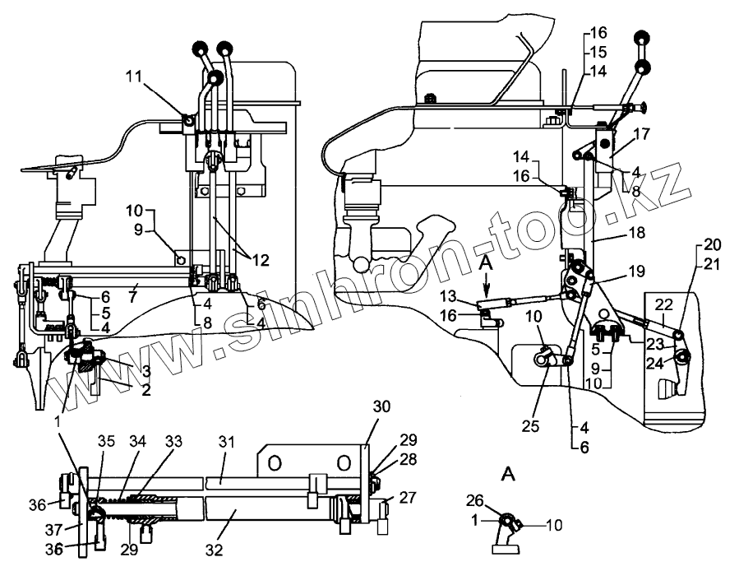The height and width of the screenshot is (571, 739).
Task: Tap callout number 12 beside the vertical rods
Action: coord(260,261)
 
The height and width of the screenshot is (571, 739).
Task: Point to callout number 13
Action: coord(470,297)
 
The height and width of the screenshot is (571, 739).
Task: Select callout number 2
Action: coord(145,391)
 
